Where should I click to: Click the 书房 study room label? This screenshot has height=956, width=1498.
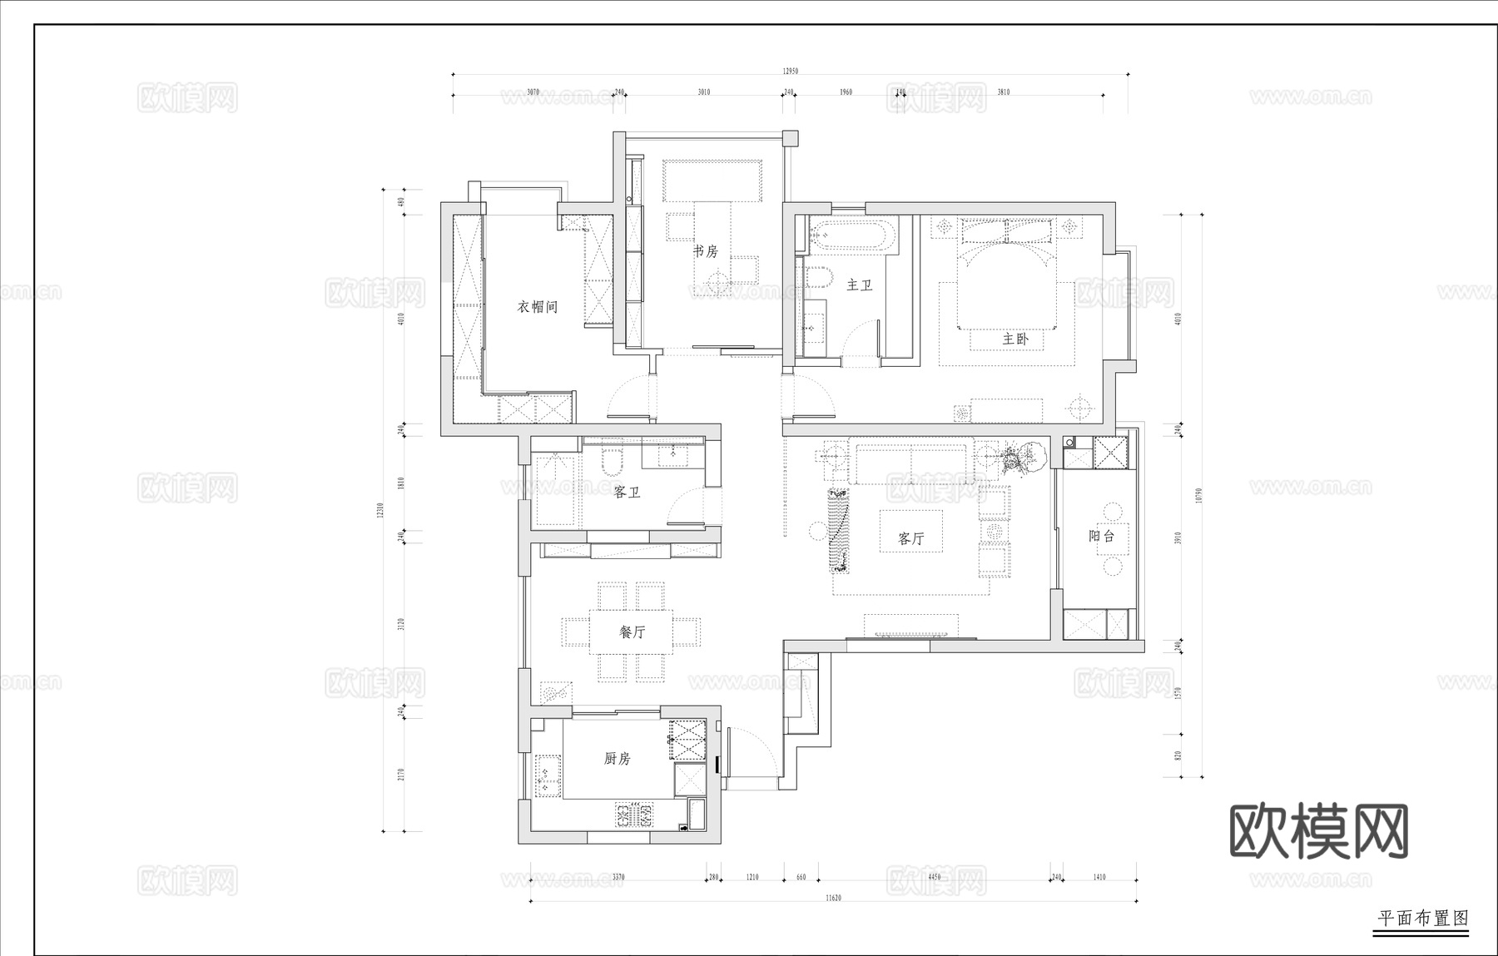click(706, 250)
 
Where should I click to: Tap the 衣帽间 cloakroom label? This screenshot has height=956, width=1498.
click(538, 307)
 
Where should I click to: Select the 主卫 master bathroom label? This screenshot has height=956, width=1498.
click(859, 285)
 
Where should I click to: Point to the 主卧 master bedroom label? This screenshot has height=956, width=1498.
click(1015, 339)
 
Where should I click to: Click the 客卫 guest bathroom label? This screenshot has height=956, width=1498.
click(627, 493)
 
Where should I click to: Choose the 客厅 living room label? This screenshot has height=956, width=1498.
click(911, 538)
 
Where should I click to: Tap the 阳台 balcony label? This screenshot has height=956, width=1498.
click(1101, 537)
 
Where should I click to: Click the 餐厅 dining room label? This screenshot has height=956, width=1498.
click(632, 632)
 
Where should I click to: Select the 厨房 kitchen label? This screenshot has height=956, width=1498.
click(617, 759)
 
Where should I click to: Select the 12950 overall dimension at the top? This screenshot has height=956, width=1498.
click(790, 72)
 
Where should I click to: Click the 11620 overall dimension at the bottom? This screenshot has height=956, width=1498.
click(833, 899)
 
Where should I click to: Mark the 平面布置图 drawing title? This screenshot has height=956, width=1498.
click(1422, 919)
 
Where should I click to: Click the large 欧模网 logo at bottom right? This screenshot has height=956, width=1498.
click(1318, 831)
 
